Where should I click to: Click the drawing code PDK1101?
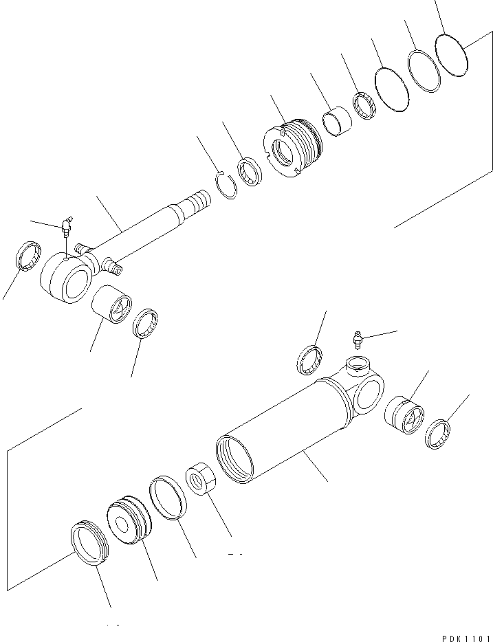[461, 637]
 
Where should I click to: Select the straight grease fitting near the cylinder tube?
[355, 338]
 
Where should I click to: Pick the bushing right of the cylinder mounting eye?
[404, 417]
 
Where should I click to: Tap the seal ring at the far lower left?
[89, 542]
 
